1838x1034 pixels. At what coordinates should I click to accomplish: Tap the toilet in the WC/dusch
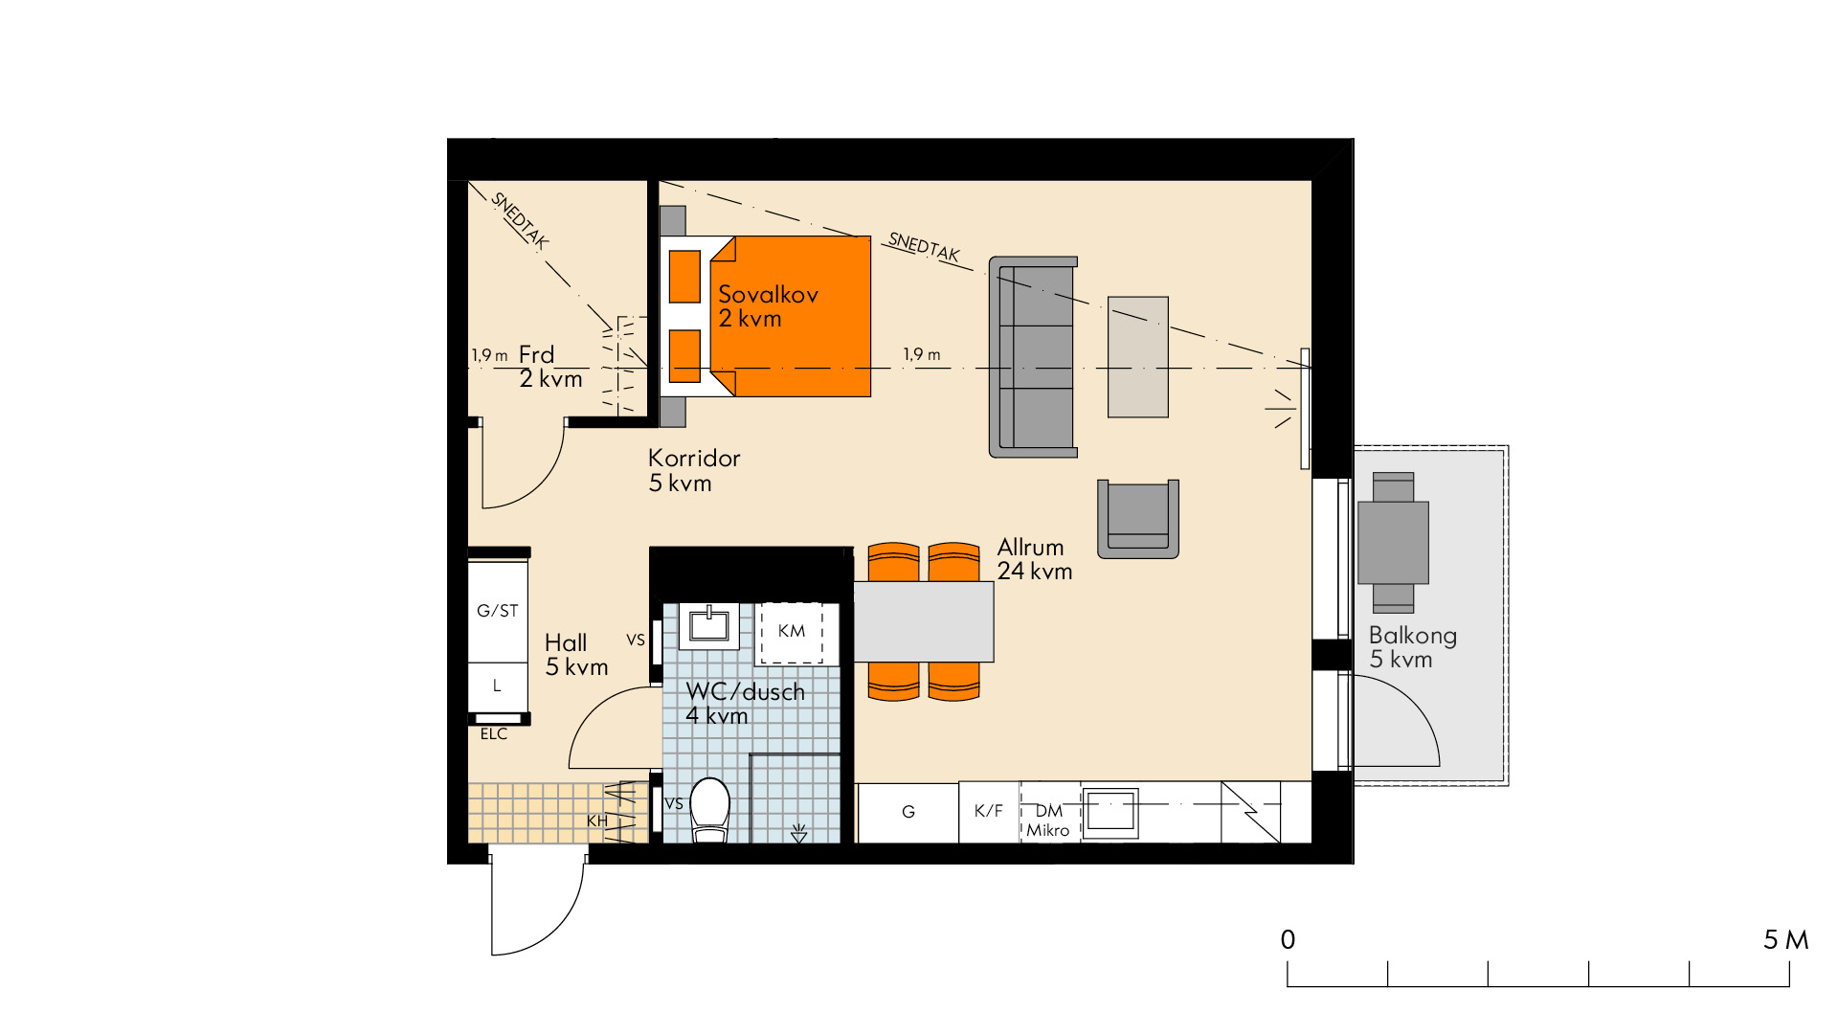[709, 810]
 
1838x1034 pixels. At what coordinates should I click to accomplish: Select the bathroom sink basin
[709, 624]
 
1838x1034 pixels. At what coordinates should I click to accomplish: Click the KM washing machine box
[791, 632]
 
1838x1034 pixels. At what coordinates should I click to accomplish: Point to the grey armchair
[1137, 519]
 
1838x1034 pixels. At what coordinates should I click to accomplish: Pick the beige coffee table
[1138, 357]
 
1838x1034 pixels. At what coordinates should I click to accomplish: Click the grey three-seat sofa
[1033, 357]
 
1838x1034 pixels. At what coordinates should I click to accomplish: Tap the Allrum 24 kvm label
[1035, 559]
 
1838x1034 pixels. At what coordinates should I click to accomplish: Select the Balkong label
[1413, 635]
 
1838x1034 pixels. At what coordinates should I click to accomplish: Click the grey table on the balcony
[1393, 543]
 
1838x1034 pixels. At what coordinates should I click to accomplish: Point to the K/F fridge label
[988, 811]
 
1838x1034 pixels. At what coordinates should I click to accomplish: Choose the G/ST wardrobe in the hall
[498, 611]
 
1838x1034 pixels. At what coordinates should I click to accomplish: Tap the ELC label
[494, 734]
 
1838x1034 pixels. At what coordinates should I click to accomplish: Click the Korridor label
[694, 458]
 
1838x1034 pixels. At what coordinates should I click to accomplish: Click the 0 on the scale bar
[1288, 940]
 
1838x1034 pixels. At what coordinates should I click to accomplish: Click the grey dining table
[924, 622]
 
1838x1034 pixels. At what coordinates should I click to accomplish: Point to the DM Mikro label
[1048, 820]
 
